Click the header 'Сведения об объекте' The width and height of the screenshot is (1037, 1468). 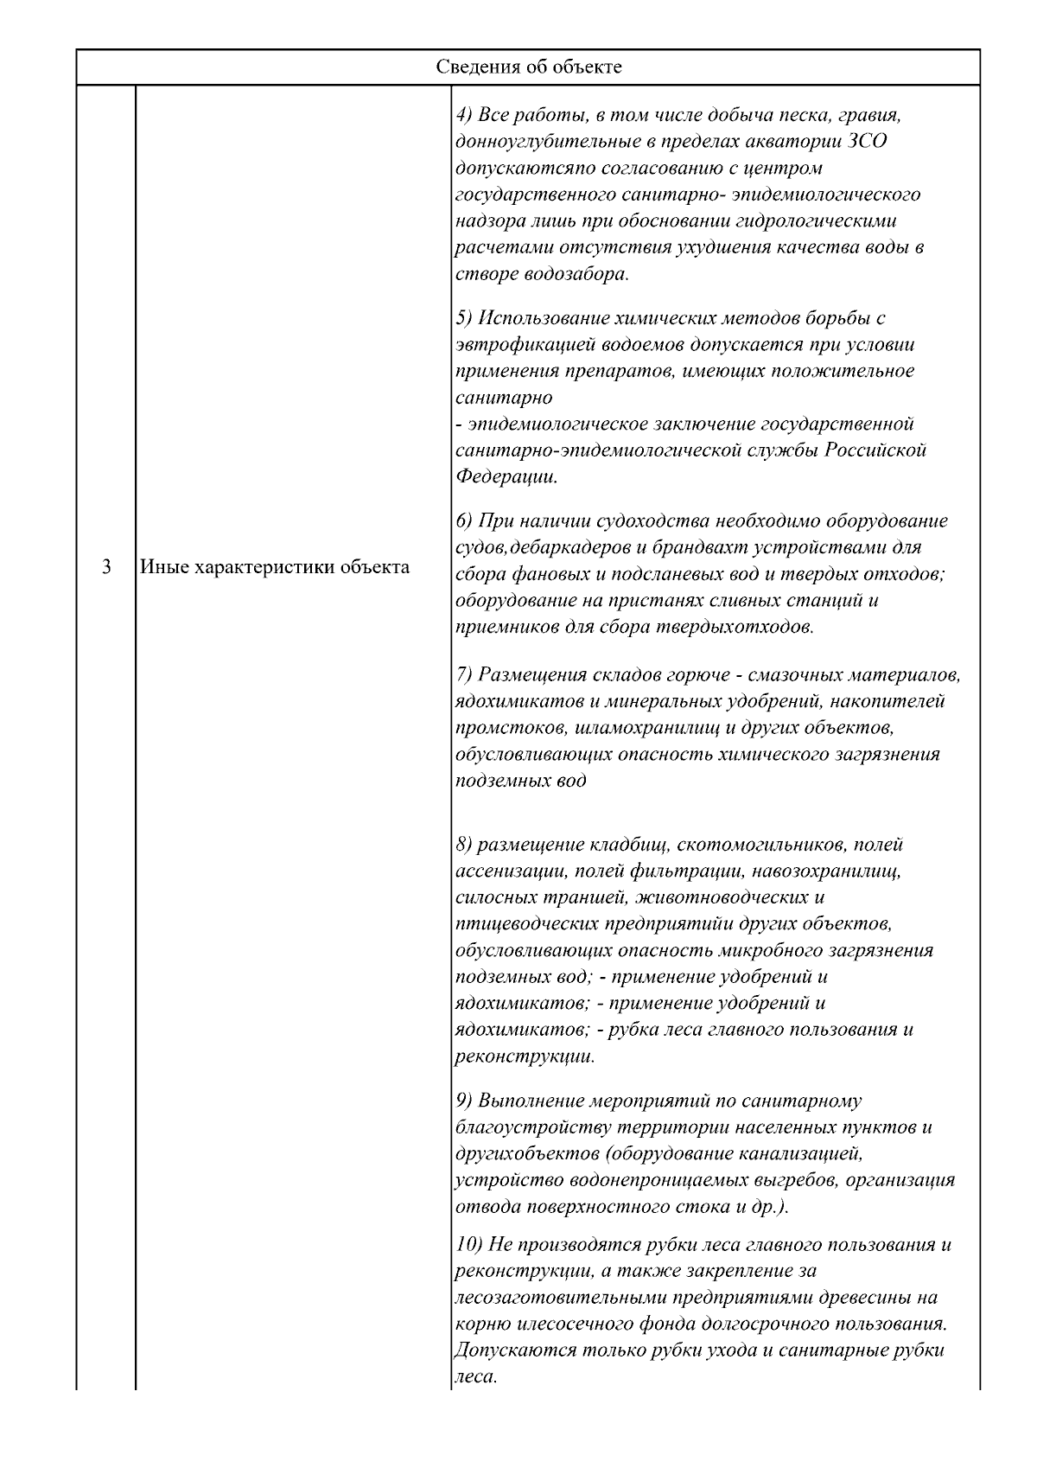tap(528, 67)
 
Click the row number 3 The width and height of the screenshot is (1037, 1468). tap(105, 568)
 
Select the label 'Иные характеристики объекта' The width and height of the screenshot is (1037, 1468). tap(275, 568)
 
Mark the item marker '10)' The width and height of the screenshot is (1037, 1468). tap(468, 1245)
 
